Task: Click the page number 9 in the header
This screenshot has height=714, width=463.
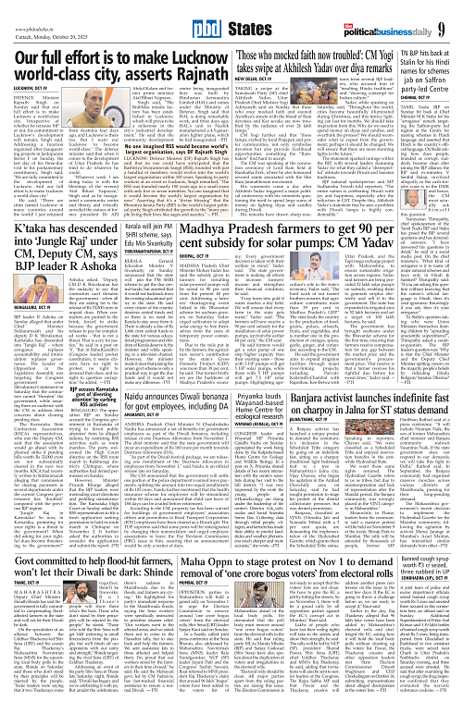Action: pyautogui.click(x=452, y=13)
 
